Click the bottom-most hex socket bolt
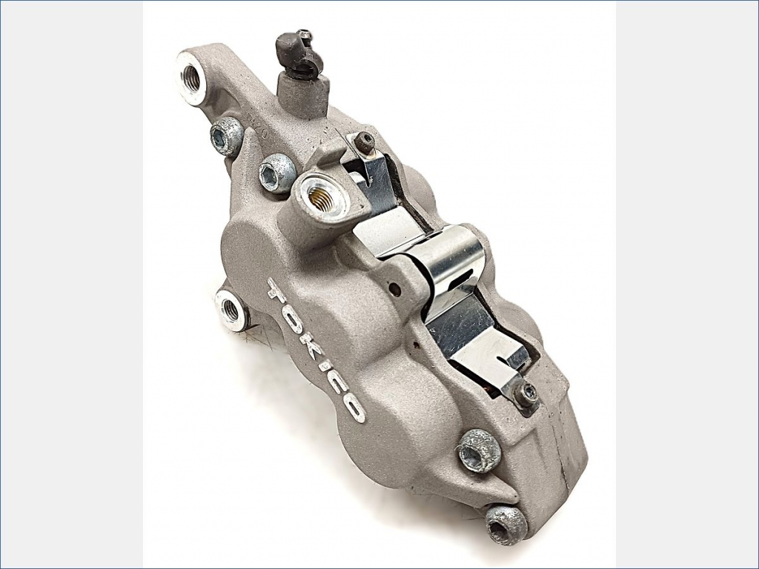click(506, 525)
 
